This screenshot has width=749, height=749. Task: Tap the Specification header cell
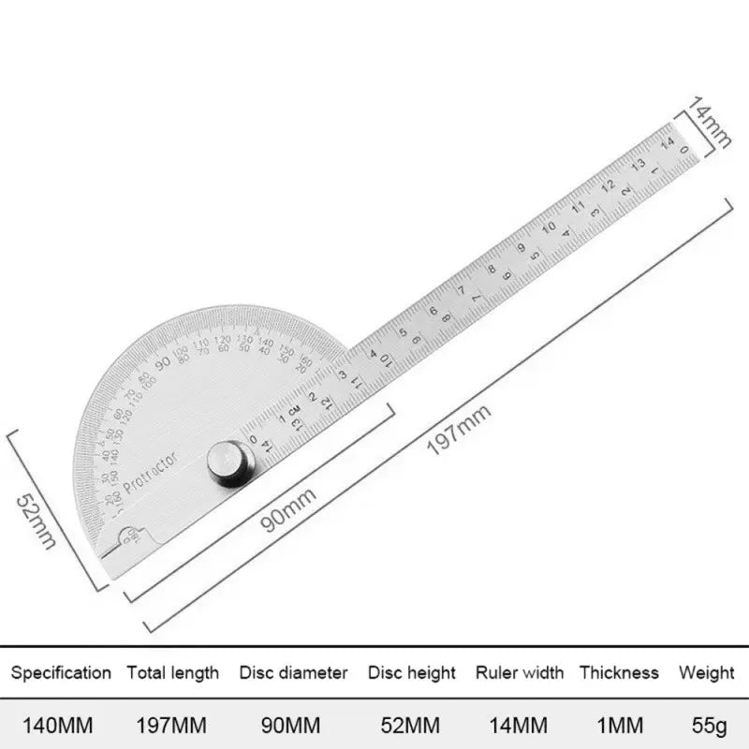tap(61, 672)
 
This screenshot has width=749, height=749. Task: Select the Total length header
tap(173, 672)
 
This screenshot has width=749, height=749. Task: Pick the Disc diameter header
tap(293, 672)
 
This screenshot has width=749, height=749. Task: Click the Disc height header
tap(411, 672)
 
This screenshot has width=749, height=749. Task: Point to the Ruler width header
tap(520, 672)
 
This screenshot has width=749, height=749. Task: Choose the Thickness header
tap(619, 672)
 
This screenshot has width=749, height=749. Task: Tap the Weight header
tap(707, 672)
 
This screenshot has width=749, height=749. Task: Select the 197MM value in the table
tap(173, 726)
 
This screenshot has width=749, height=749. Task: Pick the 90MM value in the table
tap(293, 726)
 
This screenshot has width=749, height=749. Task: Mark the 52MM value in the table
tap(411, 726)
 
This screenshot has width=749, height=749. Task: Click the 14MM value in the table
tap(520, 726)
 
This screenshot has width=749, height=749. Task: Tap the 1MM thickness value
tap(619, 726)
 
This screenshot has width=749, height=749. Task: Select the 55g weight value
tap(707, 726)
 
